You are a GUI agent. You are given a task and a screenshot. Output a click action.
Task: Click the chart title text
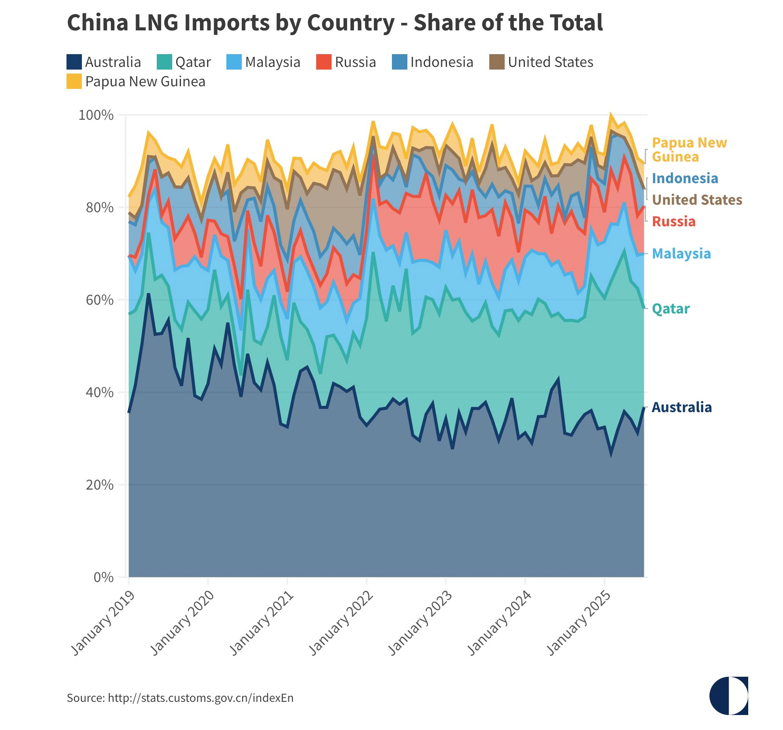click(335, 23)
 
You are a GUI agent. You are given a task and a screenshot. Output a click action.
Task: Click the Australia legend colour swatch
click(74, 62)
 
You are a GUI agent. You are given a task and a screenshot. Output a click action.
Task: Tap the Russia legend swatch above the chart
click(324, 62)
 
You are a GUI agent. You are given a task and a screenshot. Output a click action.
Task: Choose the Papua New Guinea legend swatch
click(74, 81)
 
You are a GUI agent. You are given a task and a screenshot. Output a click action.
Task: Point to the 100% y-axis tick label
click(96, 115)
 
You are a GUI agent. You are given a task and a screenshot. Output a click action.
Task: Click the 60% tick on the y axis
click(100, 300)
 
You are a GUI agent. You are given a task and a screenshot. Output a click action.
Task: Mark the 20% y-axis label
click(100, 485)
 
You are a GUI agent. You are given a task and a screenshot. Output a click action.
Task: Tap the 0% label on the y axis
click(103, 577)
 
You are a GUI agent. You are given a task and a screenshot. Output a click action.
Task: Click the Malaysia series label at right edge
click(681, 254)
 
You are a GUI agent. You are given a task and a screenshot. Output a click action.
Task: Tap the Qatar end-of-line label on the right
click(670, 309)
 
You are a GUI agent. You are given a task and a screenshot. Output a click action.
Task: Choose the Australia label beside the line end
click(681, 408)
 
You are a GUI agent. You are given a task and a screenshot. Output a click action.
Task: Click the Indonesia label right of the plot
click(685, 178)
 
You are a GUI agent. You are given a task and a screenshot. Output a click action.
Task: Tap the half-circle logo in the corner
click(728, 696)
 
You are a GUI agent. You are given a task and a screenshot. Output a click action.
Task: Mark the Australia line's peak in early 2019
click(148, 294)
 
